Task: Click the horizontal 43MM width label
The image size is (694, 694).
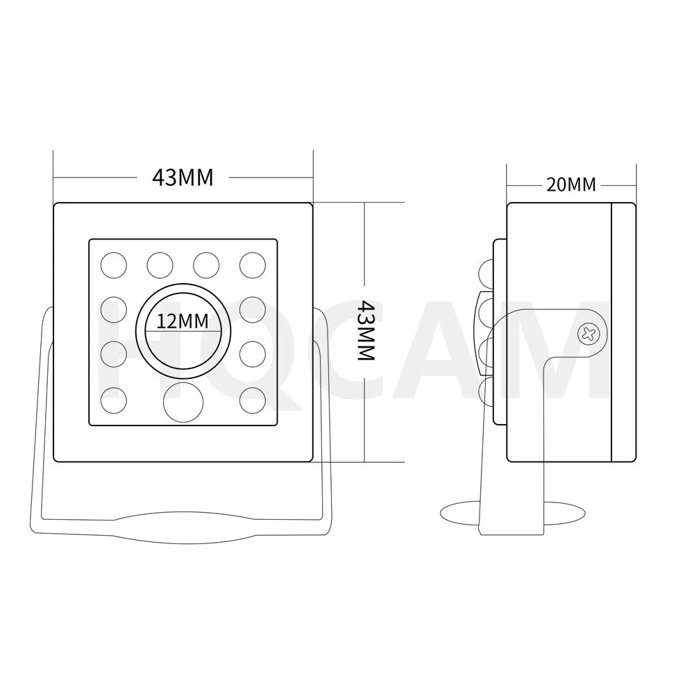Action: pos(183,178)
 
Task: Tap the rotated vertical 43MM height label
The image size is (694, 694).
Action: pos(365,330)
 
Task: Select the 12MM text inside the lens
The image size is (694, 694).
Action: pos(183,321)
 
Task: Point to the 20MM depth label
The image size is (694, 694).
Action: pos(570,185)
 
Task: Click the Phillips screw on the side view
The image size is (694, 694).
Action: pos(588,334)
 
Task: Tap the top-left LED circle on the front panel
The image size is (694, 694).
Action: pos(114,264)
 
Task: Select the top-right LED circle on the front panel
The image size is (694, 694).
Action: pos(252,264)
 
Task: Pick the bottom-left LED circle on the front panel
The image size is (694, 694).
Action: pos(114,400)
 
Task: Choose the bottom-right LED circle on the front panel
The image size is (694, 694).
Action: pos(252,400)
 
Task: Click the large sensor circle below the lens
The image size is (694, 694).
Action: pos(183,400)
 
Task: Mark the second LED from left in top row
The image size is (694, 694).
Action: pos(160,264)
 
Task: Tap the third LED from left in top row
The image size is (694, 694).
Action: pos(206,264)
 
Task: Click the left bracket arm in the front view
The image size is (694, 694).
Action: pos(40,416)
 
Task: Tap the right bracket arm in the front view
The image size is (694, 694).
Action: pos(325,416)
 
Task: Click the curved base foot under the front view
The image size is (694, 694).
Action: pos(183,527)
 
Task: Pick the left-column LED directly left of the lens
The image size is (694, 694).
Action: pos(114,310)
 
